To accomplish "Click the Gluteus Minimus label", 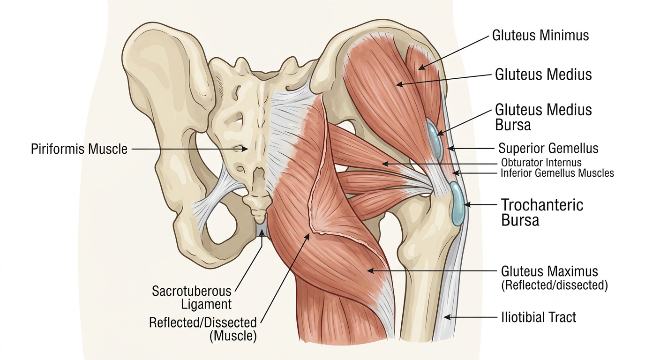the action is point(540,35).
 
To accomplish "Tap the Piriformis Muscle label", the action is point(79,149).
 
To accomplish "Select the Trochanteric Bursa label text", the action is point(542,212).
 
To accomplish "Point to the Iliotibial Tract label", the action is point(539,317).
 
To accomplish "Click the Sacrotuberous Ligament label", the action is point(192,297).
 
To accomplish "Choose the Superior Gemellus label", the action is point(548,149).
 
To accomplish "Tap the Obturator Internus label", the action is point(541,163).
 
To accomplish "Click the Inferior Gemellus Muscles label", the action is point(557,173).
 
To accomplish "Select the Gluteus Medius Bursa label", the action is point(543,117).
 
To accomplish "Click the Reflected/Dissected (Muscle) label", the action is point(203,329).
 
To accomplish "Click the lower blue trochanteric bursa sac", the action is point(457,204).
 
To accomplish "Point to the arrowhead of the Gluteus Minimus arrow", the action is point(420,68).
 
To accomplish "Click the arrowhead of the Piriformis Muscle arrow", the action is point(247,149).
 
